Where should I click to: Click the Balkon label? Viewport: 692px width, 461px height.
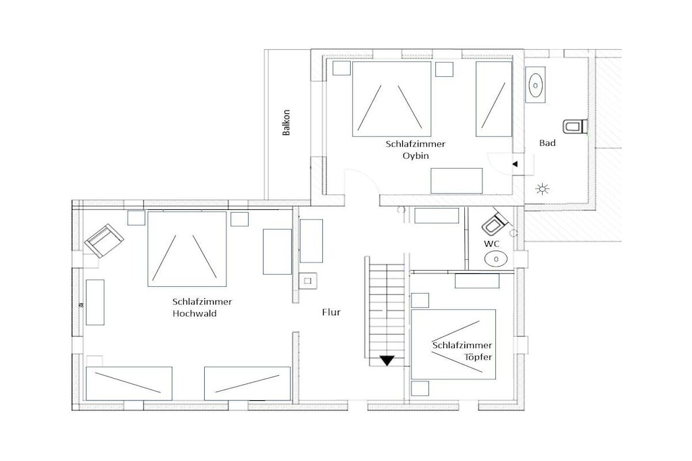click(x=287, y=123)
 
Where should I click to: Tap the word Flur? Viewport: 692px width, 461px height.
click(x=331, y=313)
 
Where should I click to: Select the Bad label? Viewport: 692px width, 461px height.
click(x=547, y=143)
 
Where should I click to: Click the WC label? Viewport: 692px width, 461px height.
click(x=492, y=244)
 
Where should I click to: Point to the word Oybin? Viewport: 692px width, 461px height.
click(x=416, y=155)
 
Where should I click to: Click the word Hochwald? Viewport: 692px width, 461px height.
click(x=194, y=314)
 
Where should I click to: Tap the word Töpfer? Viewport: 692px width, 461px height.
click(x=478, y=357)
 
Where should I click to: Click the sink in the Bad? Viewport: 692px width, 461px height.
click(x=536, y=84)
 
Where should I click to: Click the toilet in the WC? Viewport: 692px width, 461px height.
click(x=494, y=223)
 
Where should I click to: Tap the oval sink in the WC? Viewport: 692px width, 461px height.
click(x=495, y=259)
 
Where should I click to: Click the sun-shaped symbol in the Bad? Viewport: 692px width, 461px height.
click(x=543, y=189)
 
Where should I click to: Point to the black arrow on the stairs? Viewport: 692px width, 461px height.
click(x=387, y=360)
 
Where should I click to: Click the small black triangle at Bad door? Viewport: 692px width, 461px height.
click(x=514, y=164)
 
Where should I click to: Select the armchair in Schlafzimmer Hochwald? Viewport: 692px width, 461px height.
click(x=104, y=240)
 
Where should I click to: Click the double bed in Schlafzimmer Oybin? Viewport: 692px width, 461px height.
click(x=391, y=99)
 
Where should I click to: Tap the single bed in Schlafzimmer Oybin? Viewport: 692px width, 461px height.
click(x=494, y=99)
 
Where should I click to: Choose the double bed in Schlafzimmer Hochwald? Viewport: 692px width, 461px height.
click(x=187, y=249)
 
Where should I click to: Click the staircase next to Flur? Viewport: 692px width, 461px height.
click(x=385, y=311)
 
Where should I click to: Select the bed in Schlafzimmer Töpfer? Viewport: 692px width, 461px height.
click(x=453, y=344)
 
